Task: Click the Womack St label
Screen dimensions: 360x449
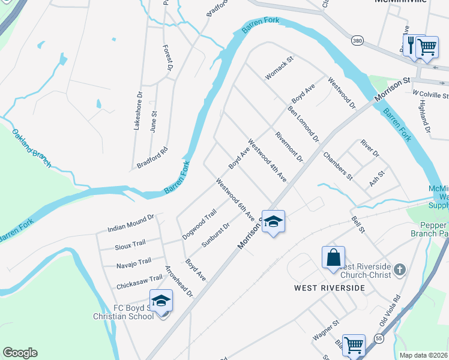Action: pyautogui.click(x=279, y=68)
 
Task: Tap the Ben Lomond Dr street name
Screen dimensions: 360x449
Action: pyautogui.click(x=303, y=124)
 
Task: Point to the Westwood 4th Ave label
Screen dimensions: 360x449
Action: pyautogui.click(x=267, y=162)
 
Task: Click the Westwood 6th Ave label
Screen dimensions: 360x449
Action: pyautogui.click(x=235, y=200)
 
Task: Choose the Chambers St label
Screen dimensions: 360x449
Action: pyautogui.click(x=337, y=166)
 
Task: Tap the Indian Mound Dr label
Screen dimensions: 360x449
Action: pyautogui.click(x=131, y=224)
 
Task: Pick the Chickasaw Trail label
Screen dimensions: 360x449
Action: pyautogui.click(x=139, y=279)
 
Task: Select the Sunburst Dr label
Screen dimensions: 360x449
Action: pyautogui.click(x=215, y=235)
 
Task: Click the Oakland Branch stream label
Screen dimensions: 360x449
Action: pyautogui.click(x=32, y=148)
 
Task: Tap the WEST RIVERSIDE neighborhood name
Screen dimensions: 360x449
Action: pyautogui.click(x=329, y=288)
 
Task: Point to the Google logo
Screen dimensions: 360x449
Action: pyautogui.click(x=20, y=353)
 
